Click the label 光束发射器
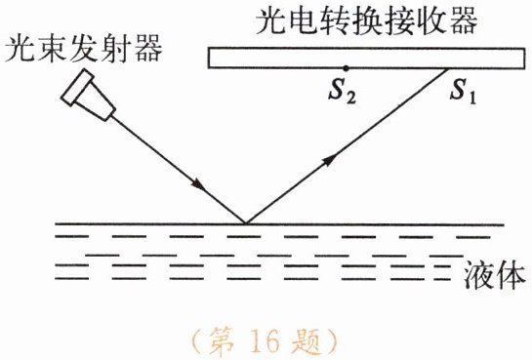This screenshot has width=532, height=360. (x=84, y=49)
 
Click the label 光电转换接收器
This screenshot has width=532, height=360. (x=367, y=20)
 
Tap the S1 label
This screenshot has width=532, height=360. (x=463, y=91)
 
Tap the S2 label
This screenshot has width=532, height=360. (x=343, y=91)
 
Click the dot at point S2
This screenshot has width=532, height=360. (x=346, y=68)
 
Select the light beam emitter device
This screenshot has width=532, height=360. (x=88, y=95)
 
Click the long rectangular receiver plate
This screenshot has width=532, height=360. (x=366, y=58)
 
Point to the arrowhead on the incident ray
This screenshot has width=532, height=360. (x=198, y=185)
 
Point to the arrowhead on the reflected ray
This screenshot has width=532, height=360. (x=330, y=160)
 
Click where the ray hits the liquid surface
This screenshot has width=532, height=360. (x=246, y=223)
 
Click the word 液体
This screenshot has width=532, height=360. (x=494, y=275)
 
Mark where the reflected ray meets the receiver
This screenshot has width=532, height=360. (x=447, y=69)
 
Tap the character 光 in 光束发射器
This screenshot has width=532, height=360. (x=20, y=49)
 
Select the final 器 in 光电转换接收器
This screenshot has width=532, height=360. (x=464, y=20)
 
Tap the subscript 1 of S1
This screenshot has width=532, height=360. (x=472, y=98)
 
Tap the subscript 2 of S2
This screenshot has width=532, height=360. (x=351, y=98)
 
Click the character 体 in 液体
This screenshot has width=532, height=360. (x=511, y=275)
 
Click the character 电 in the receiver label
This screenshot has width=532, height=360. (x=302, y=20)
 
